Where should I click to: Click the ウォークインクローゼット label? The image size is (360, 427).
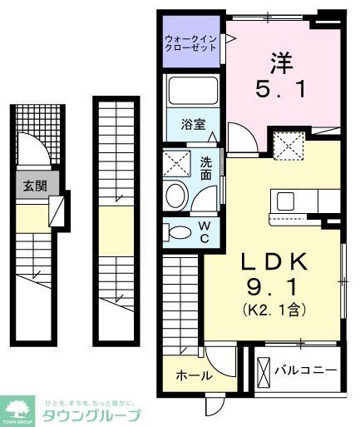(191, 42)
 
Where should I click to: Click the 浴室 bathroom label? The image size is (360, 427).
(193, 129)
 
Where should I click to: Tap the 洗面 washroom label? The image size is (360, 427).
(205, 169)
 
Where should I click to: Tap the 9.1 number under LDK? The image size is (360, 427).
(274, 290)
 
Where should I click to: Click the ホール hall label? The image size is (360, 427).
(193, 376)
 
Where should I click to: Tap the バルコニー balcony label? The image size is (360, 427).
(305, 370)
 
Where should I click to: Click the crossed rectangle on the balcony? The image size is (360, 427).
(264, 370)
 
